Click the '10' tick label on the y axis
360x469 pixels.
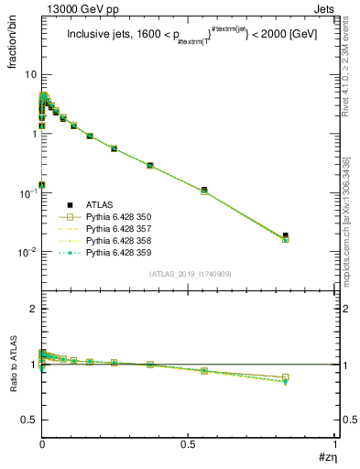31,74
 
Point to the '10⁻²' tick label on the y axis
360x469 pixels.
28,252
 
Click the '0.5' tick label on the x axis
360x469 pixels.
188,443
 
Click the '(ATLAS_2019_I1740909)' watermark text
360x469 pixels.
191,274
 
